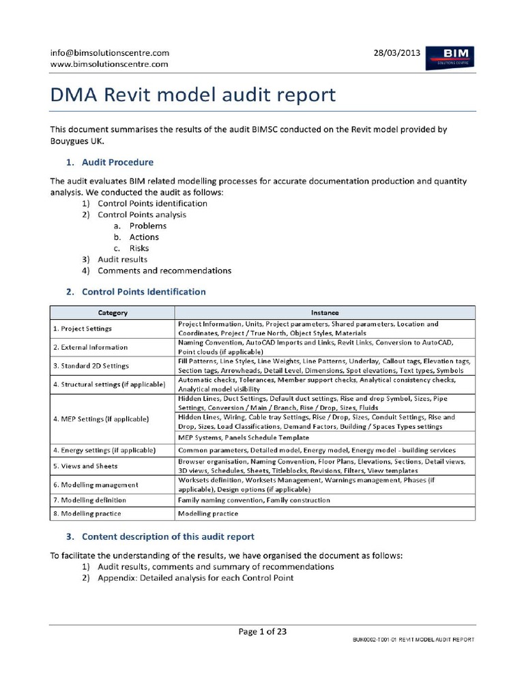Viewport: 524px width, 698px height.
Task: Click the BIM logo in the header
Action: coord(450,57)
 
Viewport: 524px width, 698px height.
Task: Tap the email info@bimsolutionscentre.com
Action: coord(110,52)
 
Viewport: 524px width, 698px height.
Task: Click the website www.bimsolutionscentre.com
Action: coord(109,64)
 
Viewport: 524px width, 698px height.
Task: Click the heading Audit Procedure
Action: coord(117,162)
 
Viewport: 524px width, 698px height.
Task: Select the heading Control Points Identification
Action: coord(143,292)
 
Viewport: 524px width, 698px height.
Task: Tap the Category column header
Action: coord(113,313)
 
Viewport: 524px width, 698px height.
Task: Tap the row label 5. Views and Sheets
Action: coord(85,466)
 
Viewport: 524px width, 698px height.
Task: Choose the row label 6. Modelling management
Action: coord(96,485)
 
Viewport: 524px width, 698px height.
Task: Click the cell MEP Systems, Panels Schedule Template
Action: coord(243,437)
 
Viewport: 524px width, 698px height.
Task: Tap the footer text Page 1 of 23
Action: coord(262,631)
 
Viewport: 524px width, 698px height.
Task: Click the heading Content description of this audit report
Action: coord(168,536)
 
